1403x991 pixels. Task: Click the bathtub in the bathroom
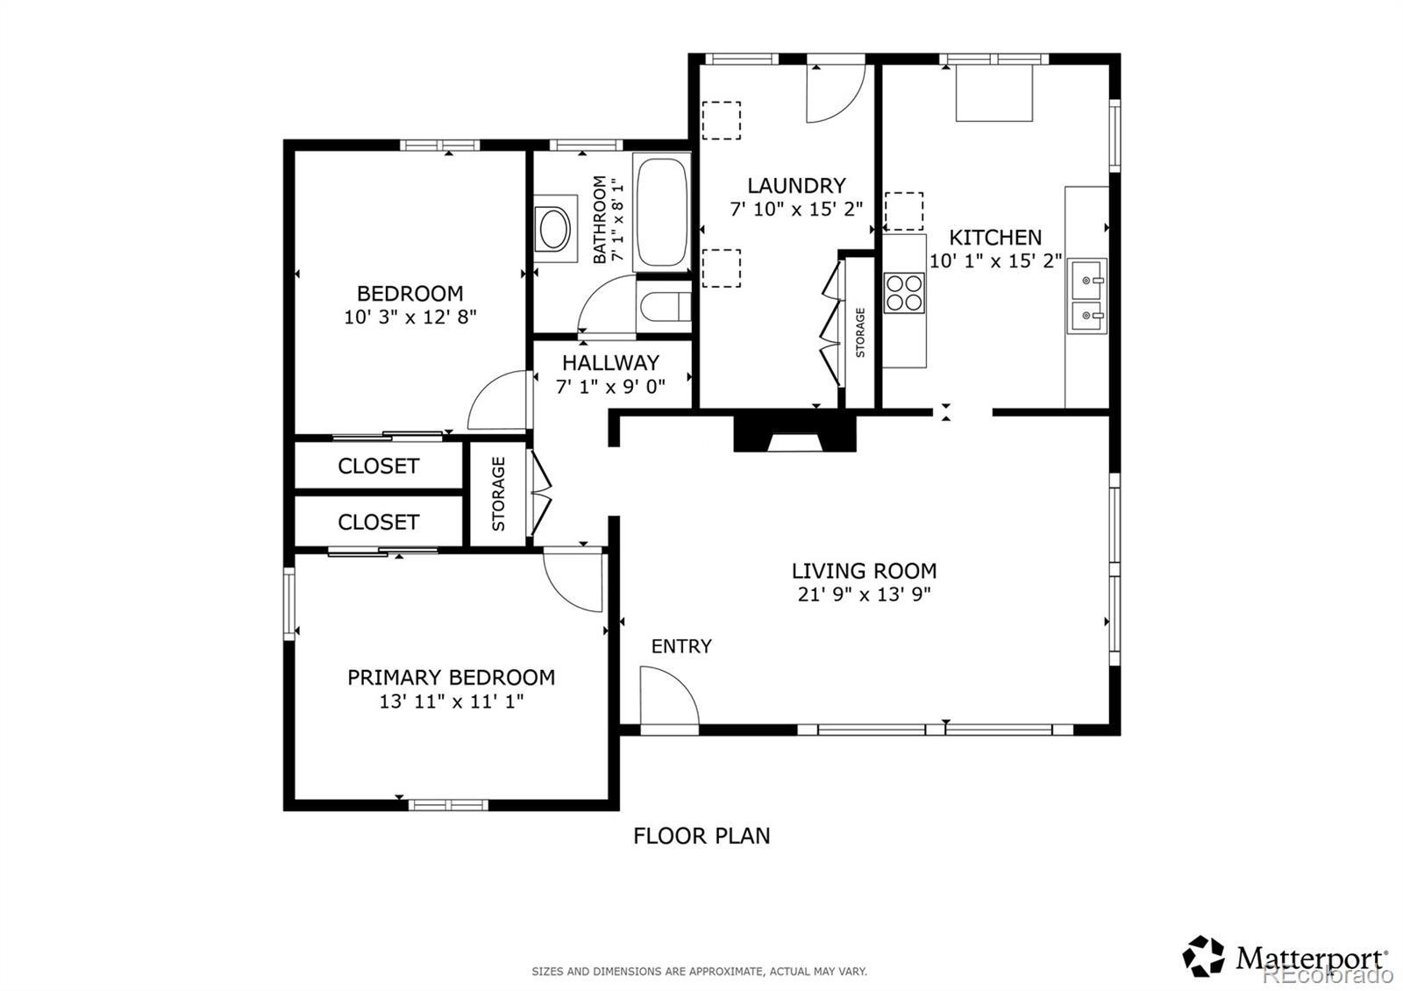pyautogui.click(x=661, y=211)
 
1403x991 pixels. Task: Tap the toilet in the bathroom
pyautogui.click(x=665, y=307)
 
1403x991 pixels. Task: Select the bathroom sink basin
pyautogui.click(x=554, y=230)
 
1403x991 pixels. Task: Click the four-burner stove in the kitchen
pyautogui.click(x=904, y=293)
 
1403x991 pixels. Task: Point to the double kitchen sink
pyautogui.click(x=1086, y=295)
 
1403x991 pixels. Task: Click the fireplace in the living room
pyautogui.click(x=794, y=433)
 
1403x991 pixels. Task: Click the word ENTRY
pyautogui.click(x=681, y=645)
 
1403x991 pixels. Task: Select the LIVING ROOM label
pyautogui.click(x=865, y=571)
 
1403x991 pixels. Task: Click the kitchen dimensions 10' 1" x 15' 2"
pyautogui.click(x=995, y=260)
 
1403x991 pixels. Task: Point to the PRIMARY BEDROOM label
pyautogui.click(x=451, y=677)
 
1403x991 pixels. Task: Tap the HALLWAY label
pyautogui.click(x=610, y=363)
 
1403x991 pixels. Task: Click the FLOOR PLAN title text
pyautogui.click(x=701, y=836)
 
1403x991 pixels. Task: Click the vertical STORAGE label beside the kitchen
pyautogui.click(x=860, y=332)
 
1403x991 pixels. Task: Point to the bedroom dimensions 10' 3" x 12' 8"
pyautogui.click(x=410, y=317)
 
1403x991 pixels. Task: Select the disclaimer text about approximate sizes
pyautogui.click(x=700, y=972)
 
